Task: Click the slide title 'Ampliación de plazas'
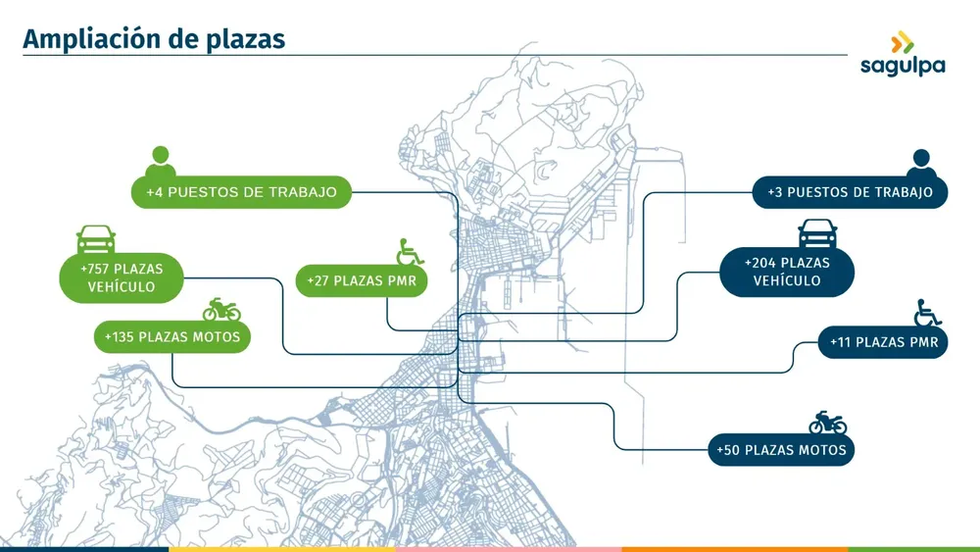[x=154, y=39]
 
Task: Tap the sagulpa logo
[x=903, y=54]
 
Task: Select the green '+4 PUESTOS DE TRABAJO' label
[x=241, y=192]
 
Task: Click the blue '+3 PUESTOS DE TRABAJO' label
[x=850, y=192]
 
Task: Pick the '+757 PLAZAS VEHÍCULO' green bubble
[x=122, y=277]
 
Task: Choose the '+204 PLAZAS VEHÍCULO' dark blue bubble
[x=787, y=272]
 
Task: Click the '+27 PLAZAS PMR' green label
[x=362, y=280]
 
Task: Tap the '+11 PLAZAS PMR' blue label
[x=883, y=342]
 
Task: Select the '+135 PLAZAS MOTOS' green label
[x=172, y=337]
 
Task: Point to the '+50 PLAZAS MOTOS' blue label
[x=781, y=449]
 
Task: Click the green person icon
[x=161, y=162]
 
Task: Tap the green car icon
[x=96, y=239]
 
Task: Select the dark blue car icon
[x=817, y=233]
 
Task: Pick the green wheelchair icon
[x=410, y=252]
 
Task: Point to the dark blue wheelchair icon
[x=927, y=313]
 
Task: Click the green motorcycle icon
[x=221, y=310]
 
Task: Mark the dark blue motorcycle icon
[x=828, y=423]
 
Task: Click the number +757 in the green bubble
[x=94, y=269]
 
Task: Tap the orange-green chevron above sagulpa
[x=903, y=42]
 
